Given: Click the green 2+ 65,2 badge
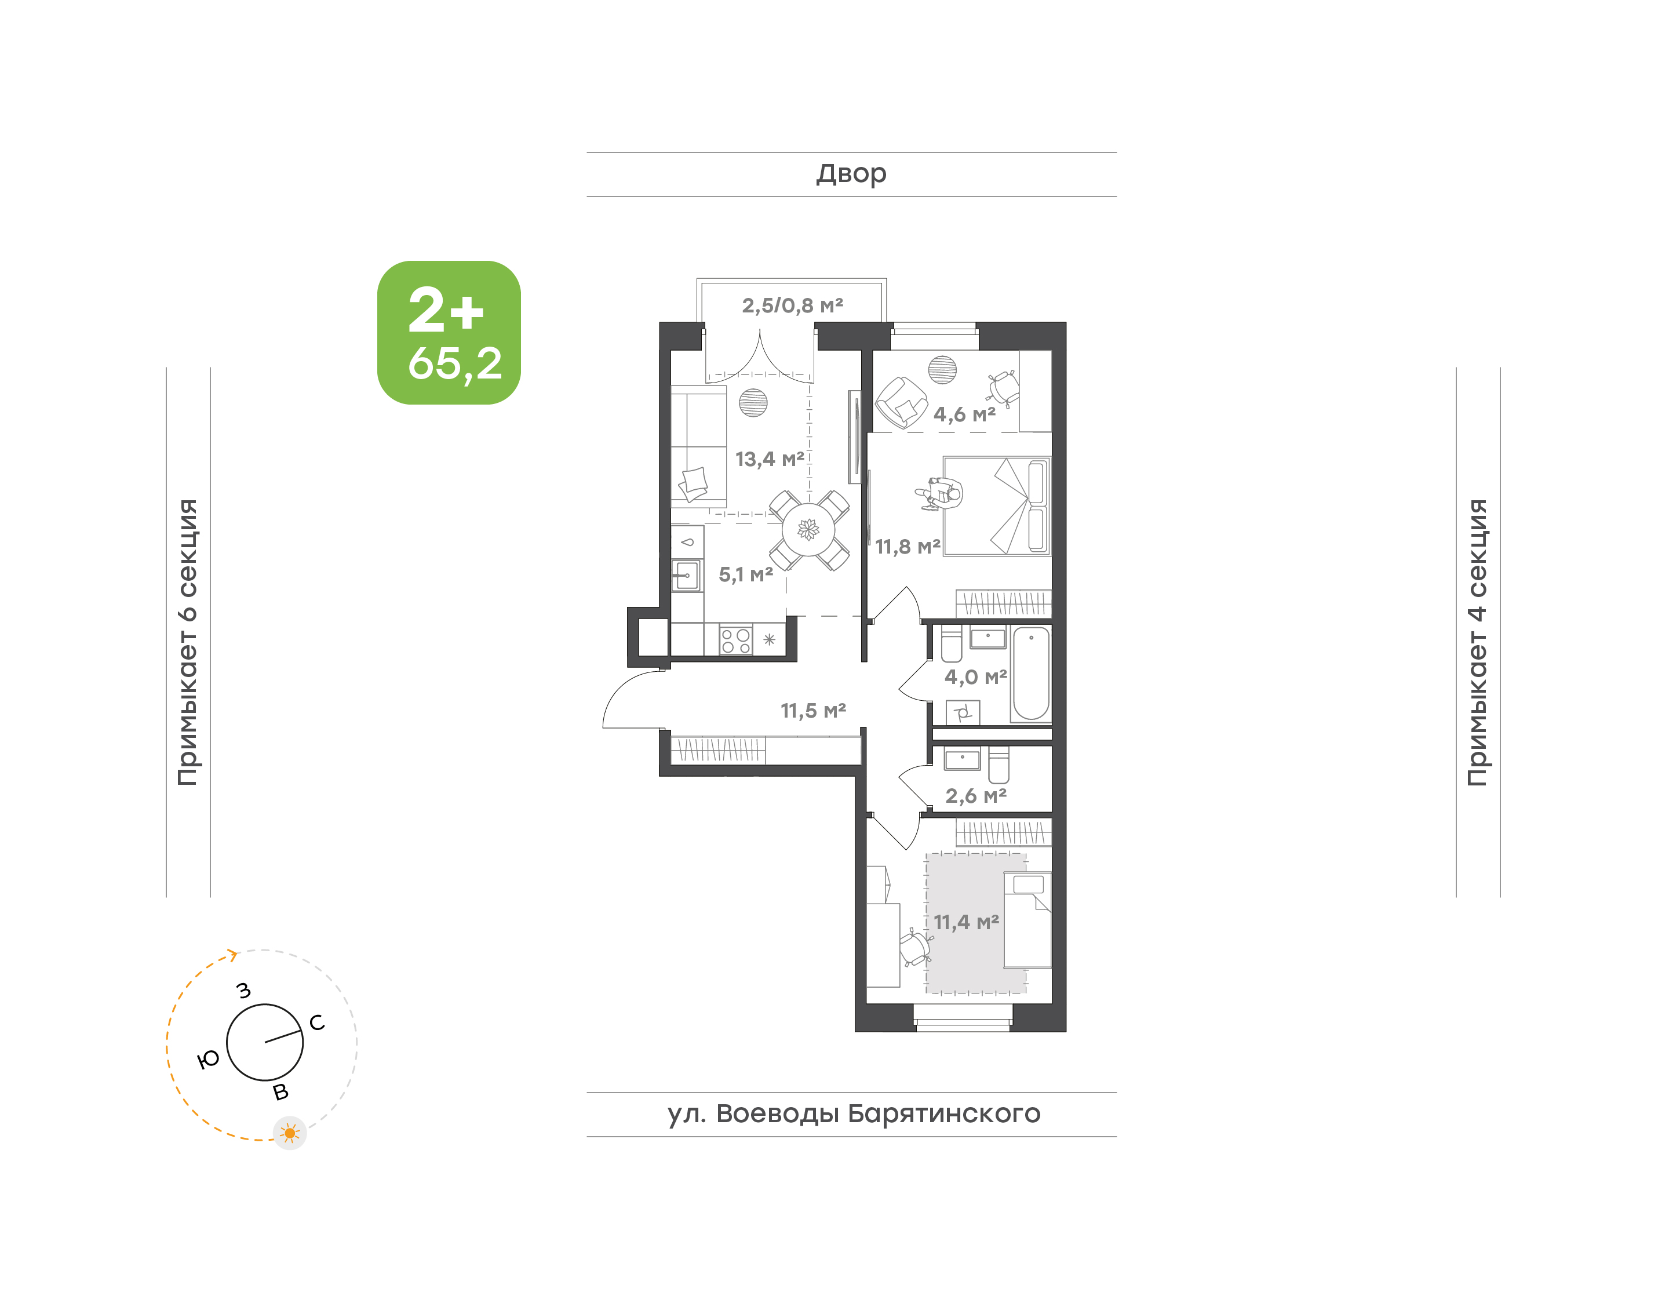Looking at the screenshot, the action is pos(449,332).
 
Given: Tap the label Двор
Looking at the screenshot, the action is pos(851,174).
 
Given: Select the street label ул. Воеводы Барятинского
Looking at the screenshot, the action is pos(853,1113).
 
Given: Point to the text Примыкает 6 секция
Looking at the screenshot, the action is pos(188,642).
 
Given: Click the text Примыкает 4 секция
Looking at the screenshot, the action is pos(1477,642).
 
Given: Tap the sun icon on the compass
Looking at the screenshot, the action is pos(290,1133).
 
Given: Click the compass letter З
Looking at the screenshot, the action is pos(244,990).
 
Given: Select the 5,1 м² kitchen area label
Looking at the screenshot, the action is pos(745,574).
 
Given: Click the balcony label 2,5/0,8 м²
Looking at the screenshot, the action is pos(792,305).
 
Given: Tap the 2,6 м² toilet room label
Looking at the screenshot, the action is pos(975,795).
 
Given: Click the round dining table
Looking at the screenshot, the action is pos(808,529).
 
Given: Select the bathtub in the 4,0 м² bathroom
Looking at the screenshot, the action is pos(1031,674).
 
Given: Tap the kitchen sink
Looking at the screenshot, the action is pos(686,575).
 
